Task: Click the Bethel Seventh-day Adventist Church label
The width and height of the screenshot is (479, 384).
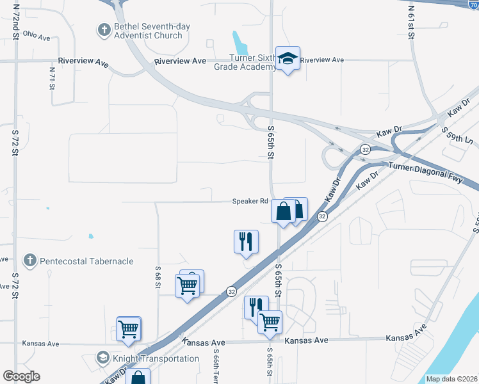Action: point(148,31)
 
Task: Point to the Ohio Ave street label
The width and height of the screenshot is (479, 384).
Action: point(36,36)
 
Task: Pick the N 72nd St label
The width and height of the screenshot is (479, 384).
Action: point(15,23)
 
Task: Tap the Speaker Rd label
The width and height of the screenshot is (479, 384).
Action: point(250,201)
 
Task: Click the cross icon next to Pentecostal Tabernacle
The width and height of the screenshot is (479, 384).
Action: point(29,260)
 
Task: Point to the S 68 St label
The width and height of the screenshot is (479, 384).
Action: point(158,276)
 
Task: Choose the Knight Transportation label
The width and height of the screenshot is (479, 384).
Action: point(156,358)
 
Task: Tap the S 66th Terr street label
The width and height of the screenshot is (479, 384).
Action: point(218,366)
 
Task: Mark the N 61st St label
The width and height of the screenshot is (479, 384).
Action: point(412,22)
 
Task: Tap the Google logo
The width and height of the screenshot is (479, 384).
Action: point(22,376)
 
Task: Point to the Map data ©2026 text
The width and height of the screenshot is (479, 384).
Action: point(451,379)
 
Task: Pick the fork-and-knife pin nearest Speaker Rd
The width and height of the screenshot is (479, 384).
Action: point(246,242)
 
